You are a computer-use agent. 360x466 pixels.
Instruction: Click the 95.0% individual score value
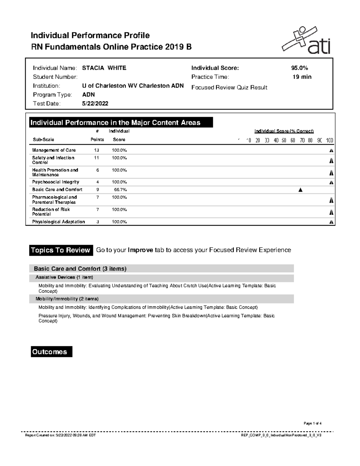pos(299,68)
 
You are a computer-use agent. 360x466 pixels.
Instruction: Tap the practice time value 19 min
pos(302,77)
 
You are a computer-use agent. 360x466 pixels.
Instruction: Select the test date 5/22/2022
pos(95,104)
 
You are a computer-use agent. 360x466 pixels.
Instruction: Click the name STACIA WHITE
pos(104,68)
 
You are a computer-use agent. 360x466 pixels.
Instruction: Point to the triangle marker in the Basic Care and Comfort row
pos(300,190)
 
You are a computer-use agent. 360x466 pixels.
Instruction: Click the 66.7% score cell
pos(120,190)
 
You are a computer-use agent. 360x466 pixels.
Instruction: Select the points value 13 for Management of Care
pos(96,150)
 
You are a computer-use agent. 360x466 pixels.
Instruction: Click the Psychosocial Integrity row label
pos(55,182)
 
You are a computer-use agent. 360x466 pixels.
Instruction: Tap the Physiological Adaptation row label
pos(58,222)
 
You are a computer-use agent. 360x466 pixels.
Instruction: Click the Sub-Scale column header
pos(43,140)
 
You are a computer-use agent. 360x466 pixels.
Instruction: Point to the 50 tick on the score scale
pos(284,140)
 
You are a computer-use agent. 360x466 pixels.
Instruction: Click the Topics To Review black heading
pos(61,250)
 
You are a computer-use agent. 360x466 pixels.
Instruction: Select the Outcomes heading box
pos(51,352)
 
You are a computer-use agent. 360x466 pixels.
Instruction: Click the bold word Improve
pos(140,250)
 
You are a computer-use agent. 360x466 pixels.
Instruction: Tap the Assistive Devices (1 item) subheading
pos(64,277)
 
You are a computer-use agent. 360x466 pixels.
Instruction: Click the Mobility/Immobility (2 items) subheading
pos(67,299)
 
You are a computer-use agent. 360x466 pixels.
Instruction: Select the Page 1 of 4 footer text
pos(313,423)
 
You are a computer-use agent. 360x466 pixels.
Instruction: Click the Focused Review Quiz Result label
pos(229,88)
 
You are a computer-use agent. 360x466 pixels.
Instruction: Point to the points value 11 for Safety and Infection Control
pos(96,158)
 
